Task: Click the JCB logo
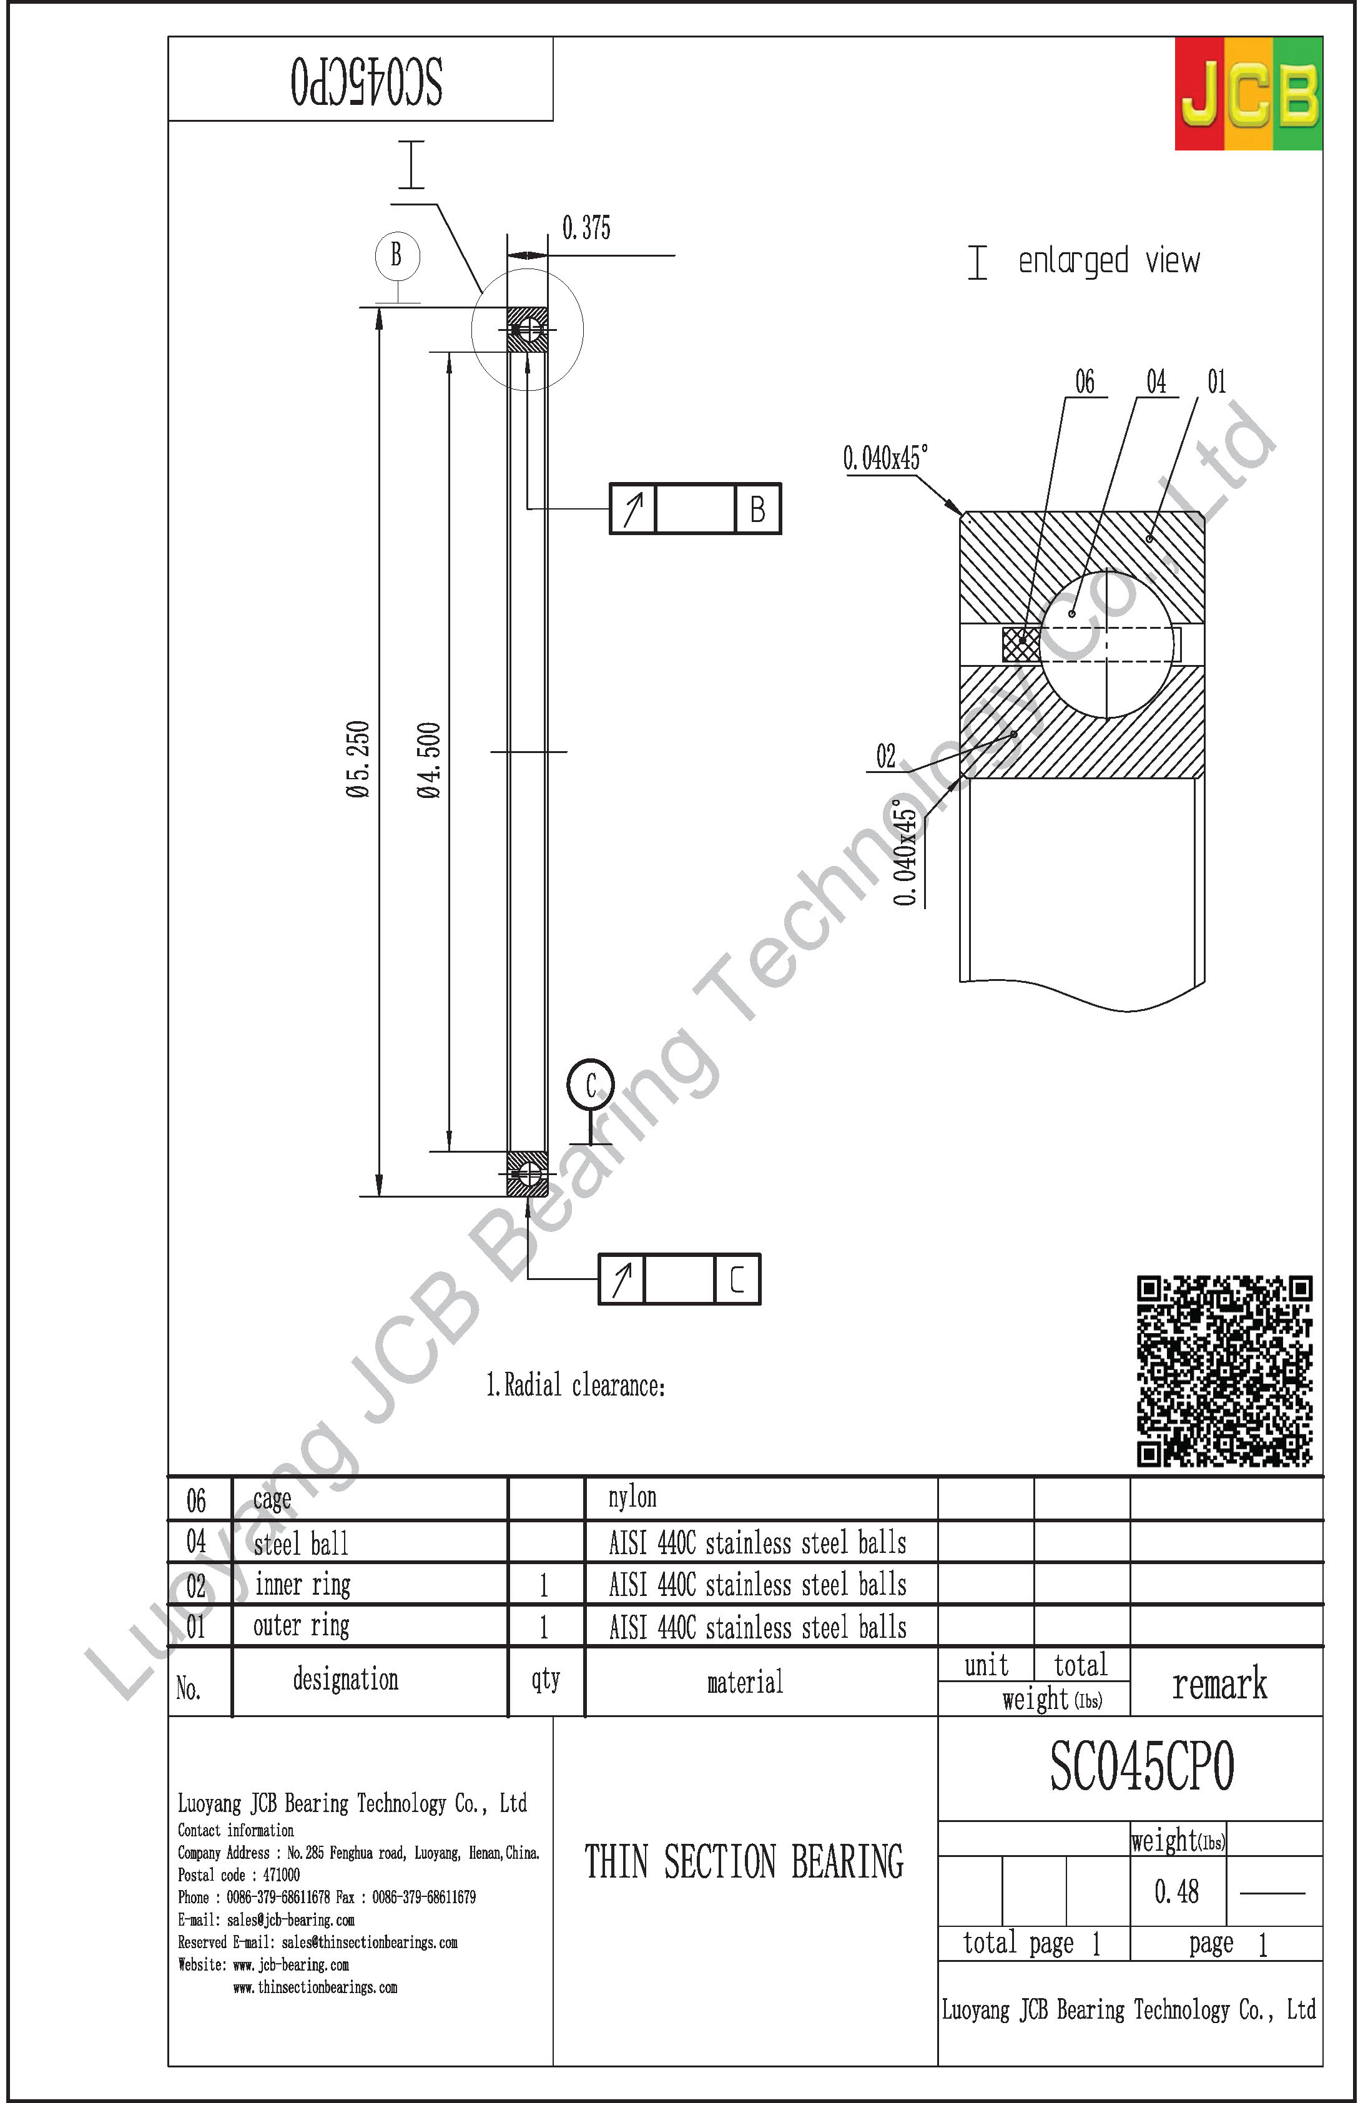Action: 1248,94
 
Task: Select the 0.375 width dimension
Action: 586,228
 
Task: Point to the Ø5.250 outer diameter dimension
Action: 358,760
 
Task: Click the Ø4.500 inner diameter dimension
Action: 428,760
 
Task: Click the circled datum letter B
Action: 396,255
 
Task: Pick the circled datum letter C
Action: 590,1085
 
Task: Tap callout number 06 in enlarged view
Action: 1084,382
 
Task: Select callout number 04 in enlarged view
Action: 1156,382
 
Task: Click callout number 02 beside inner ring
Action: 885,756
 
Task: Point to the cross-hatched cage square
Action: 1021,643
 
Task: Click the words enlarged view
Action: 1109,260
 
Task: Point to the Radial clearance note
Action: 575,1385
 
